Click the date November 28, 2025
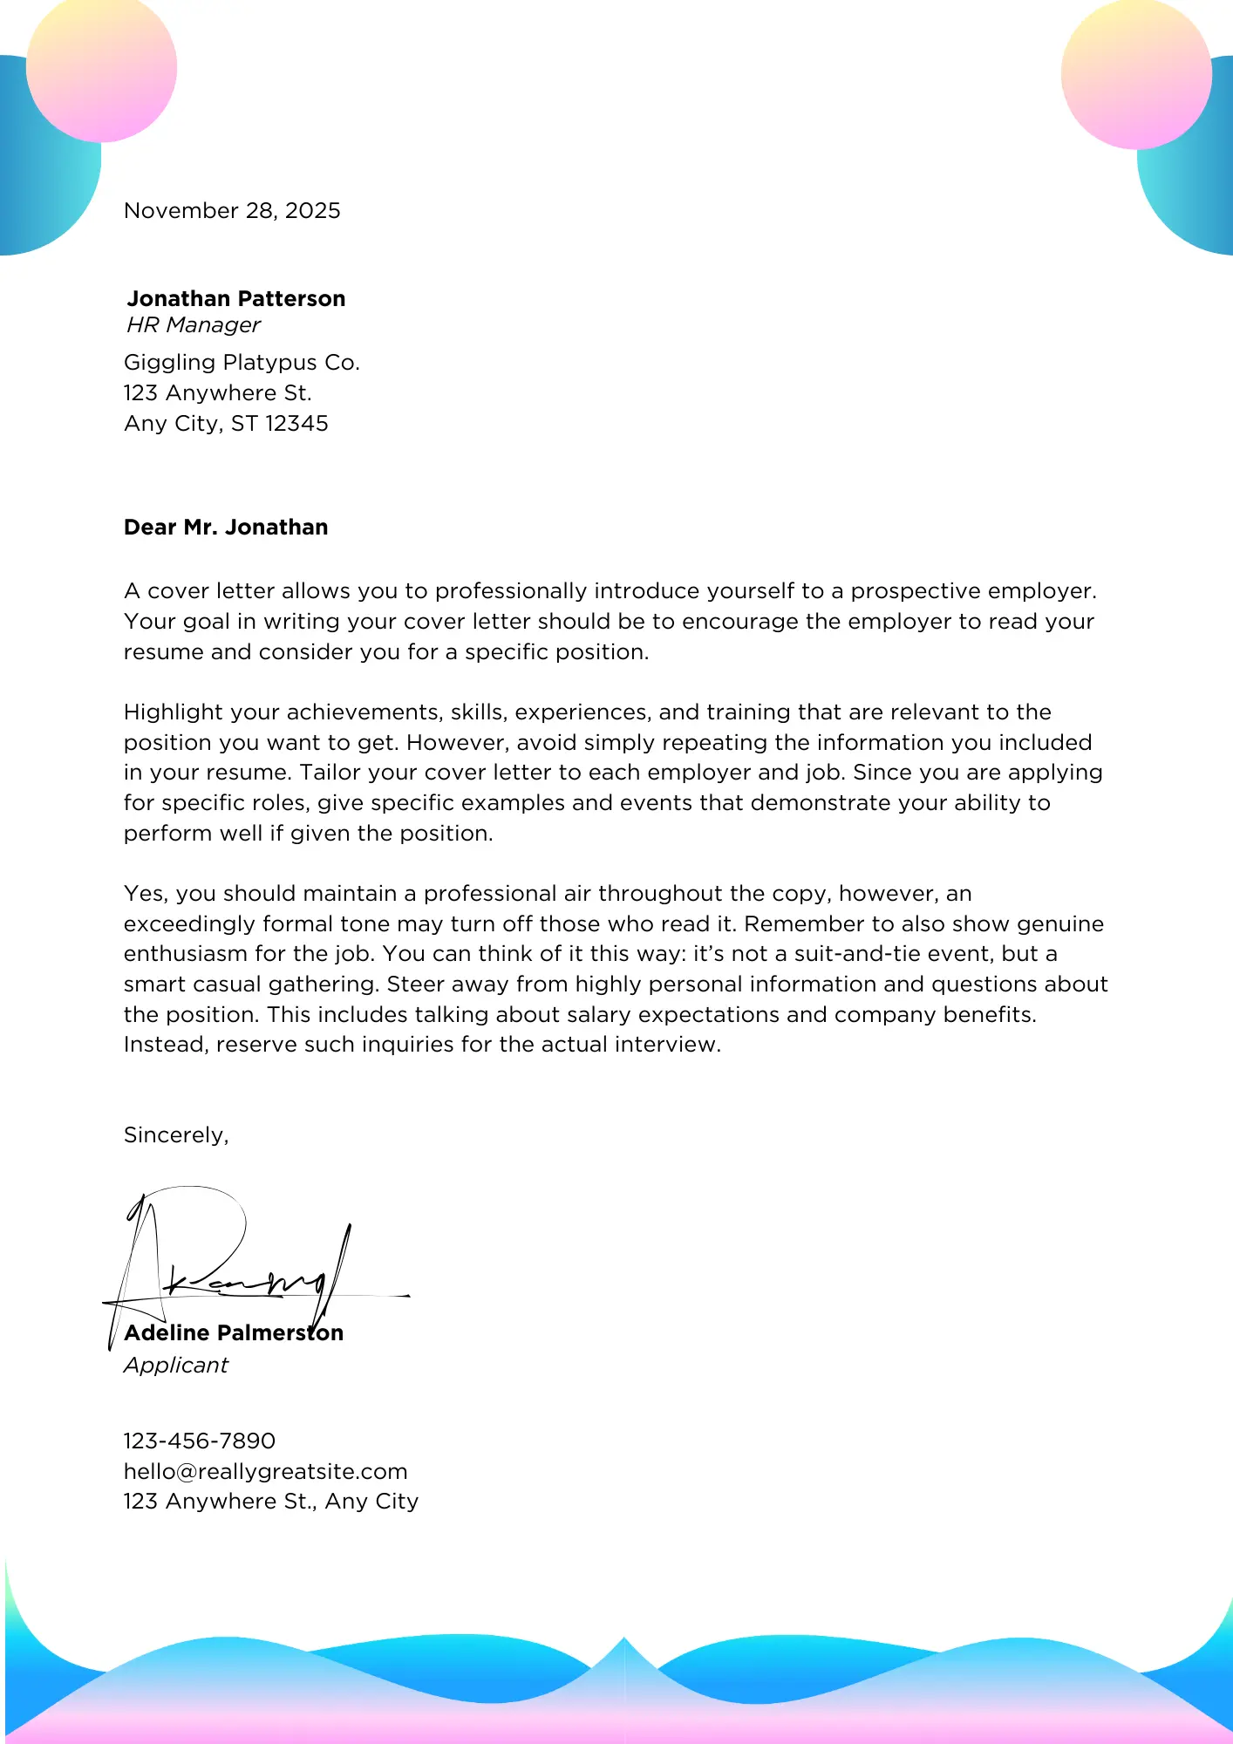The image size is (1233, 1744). [x=232, y=211]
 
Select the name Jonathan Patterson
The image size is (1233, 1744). [x=236, y=299]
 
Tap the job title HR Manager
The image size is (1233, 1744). [x=194, y=325]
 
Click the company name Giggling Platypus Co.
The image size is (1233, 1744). [x=242, y=363]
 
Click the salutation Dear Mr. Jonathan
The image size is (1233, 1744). [x=226, y=528]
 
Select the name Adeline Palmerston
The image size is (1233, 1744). [x=234, y=1333]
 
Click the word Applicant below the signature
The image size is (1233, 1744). [x=176, y=1366]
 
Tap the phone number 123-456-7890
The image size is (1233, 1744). [x=200, y=1441]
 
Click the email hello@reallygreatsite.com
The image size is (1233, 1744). [x=266, y=1472]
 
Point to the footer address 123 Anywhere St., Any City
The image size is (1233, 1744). [x=271, y=1502]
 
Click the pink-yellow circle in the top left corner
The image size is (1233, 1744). [x=101, y=68]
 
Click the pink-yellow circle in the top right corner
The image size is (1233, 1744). [x=1136, y=73]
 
